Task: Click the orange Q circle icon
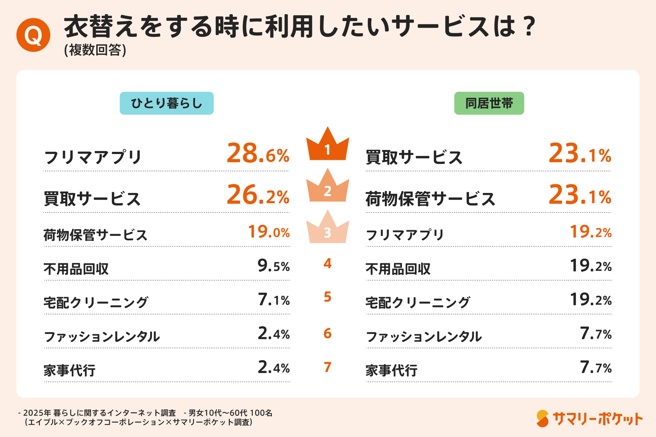[x=33, y=35]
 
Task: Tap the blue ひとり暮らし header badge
[x=167, y=103]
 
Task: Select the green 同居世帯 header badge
[x=489, y=103]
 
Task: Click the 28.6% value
[x=258, y=154]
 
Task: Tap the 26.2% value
[x=258, y=196]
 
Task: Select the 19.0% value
[x=269, y=232]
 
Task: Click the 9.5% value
[x=273, y=266]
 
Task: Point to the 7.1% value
[x=273, y=300]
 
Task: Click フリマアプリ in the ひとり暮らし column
[x=93, y=157]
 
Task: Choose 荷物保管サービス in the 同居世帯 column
[x=430, y=199]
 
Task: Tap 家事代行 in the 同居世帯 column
[x=391, y=370]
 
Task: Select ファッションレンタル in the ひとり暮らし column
[x=102, y=336]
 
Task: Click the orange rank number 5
[x=328, y=297]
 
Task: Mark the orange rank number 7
[x=328, y=367]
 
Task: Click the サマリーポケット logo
[x=589, y=419]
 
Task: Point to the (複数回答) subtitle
[x=95, y=50]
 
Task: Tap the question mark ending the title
[x=528, y=26]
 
